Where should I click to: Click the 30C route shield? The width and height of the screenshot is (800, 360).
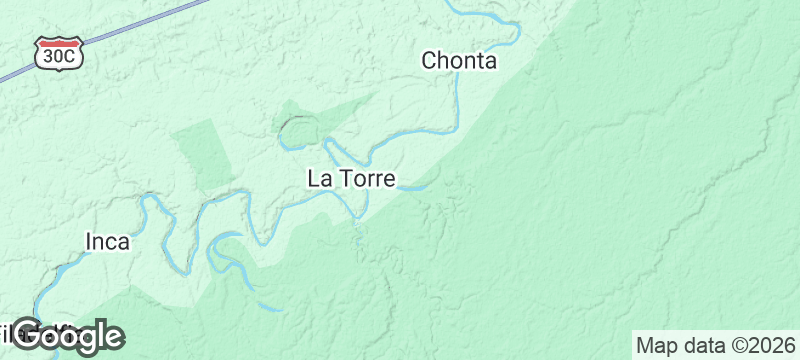(57, 53)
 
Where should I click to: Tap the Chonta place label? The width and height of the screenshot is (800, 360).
(459, 61)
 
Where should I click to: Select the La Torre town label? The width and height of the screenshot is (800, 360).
(351, 180)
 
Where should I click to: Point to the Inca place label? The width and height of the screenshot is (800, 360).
(107, 242)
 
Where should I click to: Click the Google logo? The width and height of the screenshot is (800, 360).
(68, 336)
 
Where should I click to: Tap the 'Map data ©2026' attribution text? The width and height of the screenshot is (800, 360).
(715, 346)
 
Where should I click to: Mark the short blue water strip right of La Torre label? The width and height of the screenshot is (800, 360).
(415, 186)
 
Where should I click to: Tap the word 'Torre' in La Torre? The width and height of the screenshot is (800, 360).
(368, 180)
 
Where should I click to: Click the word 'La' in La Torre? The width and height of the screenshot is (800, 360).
(319, 180)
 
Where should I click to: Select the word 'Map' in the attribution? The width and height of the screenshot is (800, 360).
(655, 346)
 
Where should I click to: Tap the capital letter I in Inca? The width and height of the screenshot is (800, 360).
(88, 242)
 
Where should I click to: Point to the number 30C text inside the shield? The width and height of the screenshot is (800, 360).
(57, 57)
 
